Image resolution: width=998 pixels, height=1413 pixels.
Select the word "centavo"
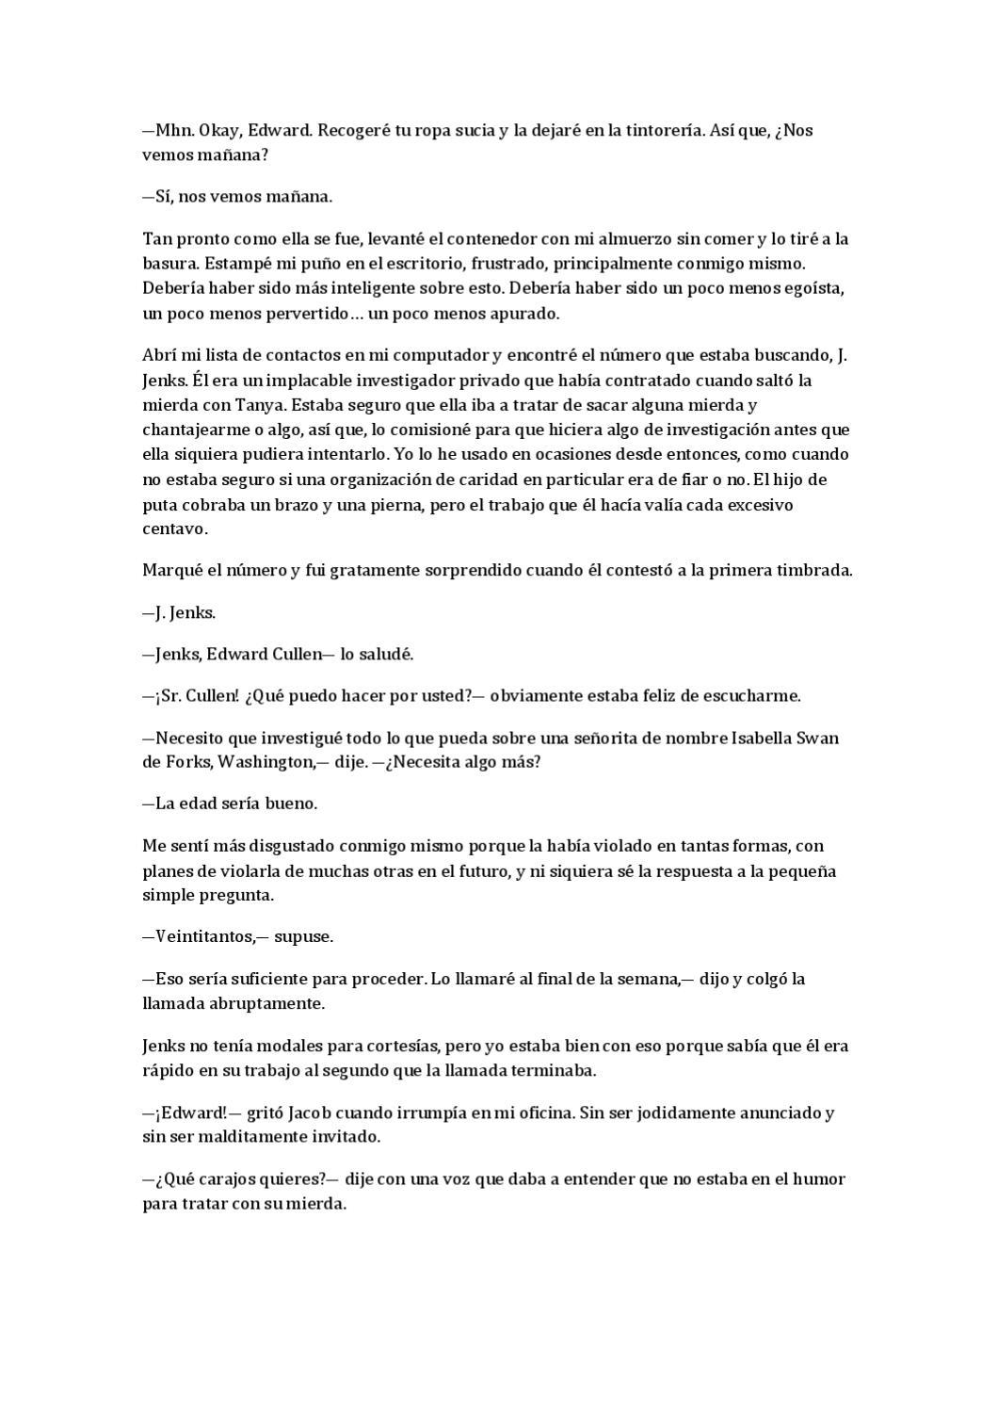174,529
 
